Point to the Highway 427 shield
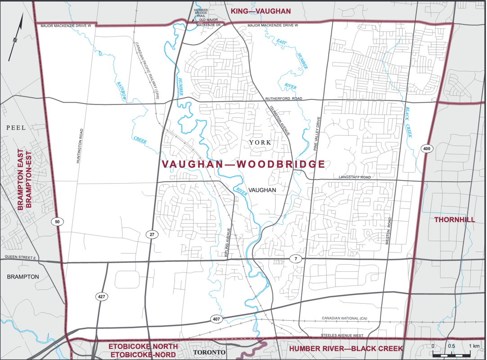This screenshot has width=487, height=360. tap(102, 297)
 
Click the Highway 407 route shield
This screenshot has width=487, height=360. tap(216, 319)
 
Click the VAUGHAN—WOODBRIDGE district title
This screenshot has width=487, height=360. tap(243, 164)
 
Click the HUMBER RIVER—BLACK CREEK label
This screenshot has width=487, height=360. tap(346, 348)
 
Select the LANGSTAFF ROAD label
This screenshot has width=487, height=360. tap(355, 178)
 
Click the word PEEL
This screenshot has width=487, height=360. tap(16, 128)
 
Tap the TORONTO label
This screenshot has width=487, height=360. tap(208, 352)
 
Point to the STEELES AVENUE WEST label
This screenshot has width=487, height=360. tap(342, 336)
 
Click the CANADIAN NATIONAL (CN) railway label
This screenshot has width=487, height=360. tap(344, 319)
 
